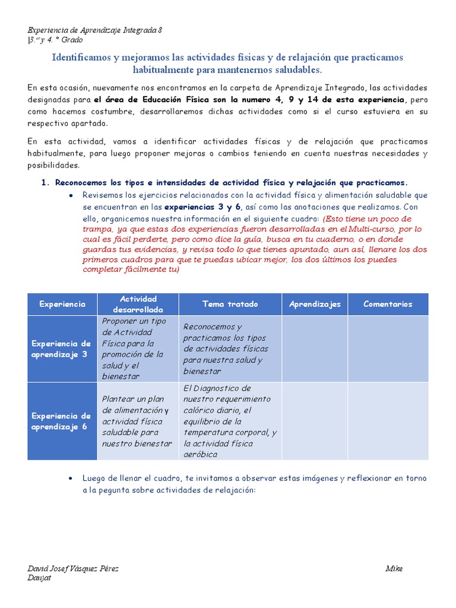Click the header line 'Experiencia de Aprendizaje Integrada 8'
(95, 30)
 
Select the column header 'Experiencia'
(62, 304)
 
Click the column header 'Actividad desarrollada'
(138, 304)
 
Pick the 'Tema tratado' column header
(230, 304)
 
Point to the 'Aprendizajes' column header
(315, 304)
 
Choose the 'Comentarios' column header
(388, 304)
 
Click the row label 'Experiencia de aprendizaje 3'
(61, 349)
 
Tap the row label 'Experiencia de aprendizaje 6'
(61, 421)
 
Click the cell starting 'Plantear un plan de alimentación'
(137, 421)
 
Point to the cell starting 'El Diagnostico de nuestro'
(230, 421)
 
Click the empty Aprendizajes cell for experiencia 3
(315, 349)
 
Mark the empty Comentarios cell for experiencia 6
(388, 421)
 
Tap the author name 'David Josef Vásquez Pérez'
(73, 569)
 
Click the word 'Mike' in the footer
(394, 569)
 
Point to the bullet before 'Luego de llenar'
(71, 479)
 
